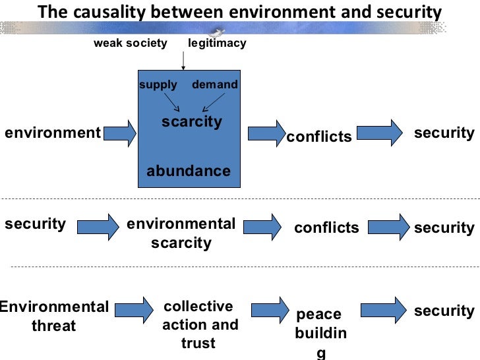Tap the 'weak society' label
[131, 44]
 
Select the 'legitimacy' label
[217, 44]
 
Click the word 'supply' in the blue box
[158, 85]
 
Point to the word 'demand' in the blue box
[215, 85]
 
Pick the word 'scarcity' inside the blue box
[192, 122]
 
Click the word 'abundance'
[189, 171]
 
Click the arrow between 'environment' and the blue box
[121, 134]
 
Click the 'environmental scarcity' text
[181, 233]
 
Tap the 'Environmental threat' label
[54, 316]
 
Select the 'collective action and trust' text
[199, 324]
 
